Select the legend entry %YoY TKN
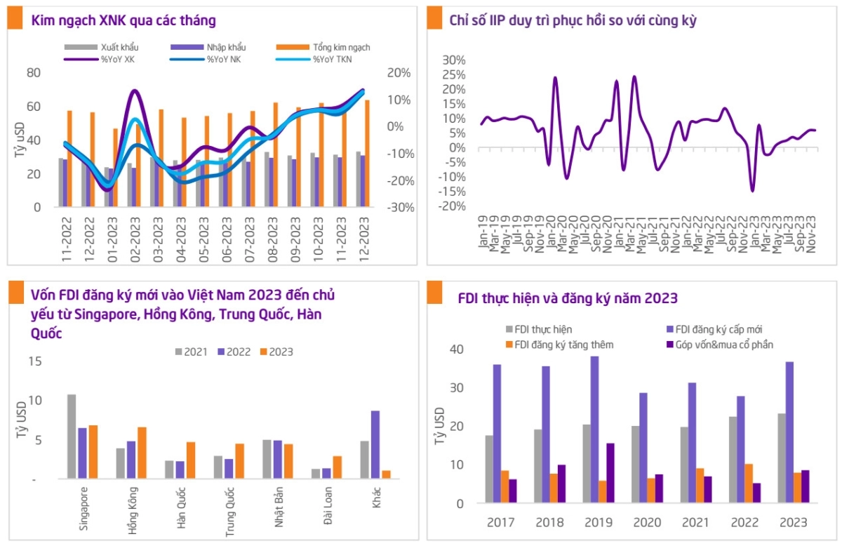point(330,60)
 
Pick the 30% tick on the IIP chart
point(454,60)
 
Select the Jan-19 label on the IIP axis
point(483,234)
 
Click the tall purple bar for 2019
point(594,430)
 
